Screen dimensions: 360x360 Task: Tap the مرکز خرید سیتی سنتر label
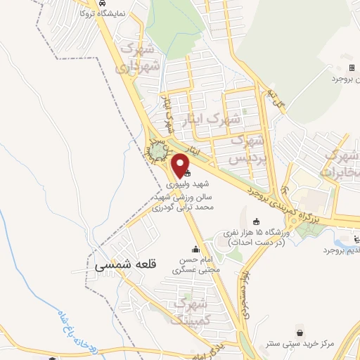point(300,345)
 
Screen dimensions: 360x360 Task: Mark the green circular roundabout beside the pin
point(158,150)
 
